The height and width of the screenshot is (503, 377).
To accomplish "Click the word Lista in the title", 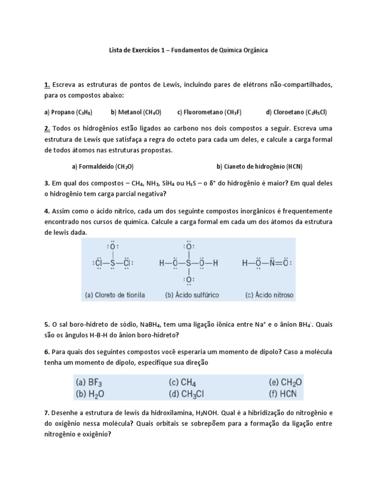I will coord(116,51).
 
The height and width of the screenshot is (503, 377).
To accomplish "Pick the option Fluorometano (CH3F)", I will coord(210,112).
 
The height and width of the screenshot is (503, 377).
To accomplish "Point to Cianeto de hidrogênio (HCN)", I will coord(263,166).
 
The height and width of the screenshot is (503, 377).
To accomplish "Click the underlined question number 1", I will coord(47,85).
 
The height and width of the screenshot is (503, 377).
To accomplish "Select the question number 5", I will coord(47,325).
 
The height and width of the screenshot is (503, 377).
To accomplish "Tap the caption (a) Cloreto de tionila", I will coord(115,295).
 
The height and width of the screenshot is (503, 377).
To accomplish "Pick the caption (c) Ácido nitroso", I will coord(269,295).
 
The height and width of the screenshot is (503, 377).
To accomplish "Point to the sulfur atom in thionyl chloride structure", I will coord(112,263).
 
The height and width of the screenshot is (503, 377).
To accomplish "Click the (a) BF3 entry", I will coord(89,382).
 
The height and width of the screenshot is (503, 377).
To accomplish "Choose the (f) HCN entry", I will coord(286,393).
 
